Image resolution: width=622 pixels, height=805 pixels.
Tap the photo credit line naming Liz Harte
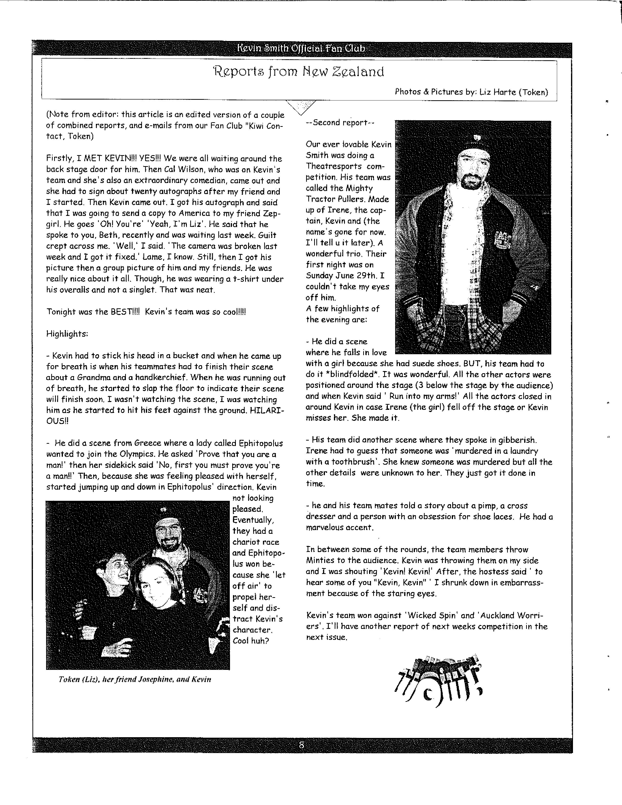click(471, 92)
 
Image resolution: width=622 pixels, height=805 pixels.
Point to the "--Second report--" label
click(340, 123)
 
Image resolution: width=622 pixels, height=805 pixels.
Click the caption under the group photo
click(135, 679)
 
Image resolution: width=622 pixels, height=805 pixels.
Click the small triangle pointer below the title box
click(301, 107)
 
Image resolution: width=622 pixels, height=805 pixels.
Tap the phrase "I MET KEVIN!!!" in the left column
click(107, 159)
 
